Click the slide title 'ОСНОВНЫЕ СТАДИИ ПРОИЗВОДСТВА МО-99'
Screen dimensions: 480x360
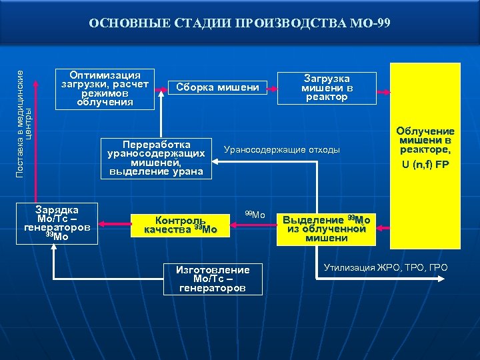pyautogui.click(x=239, y=24)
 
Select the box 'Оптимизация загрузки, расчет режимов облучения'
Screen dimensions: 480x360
pyautogui.click(x=105, y=88)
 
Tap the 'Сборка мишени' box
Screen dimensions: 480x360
pyautogui.click(x=217, y=87)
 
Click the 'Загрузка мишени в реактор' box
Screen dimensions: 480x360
pyautogui.click(x=327, y=88)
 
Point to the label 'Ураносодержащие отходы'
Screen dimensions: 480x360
pyautogui.click(x=282, y=150)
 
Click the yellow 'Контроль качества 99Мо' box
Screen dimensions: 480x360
pyautogui.click(x=181, y=225)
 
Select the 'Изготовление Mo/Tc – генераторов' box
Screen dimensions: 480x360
pyautogui.click(x=213, y=279)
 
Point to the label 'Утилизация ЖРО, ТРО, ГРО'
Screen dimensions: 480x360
pyautogui.click(x=385, y=268)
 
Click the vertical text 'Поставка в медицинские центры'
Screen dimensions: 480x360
pyautogui.click(x=23, y=114)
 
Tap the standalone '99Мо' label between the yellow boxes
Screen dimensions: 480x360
pyautogui.click(x=255, y=215)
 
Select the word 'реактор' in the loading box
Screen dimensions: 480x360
pyautogui.click(x=327, y=97)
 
